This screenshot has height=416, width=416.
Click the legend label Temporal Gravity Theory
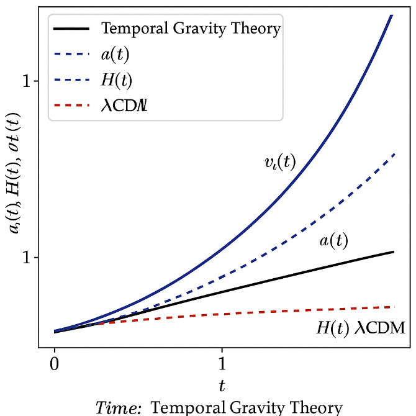pos(191,29)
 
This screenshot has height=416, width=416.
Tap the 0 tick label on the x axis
pos(55,362)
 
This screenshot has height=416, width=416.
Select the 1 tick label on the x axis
pos(222,362)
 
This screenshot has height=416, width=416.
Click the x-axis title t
pos(222,385)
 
